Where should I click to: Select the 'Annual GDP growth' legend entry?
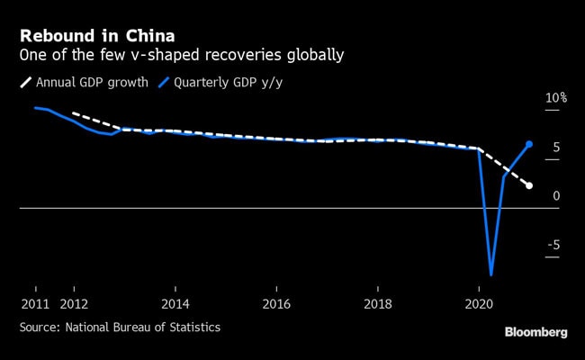[88, 84]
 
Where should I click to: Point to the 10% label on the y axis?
[555, 97]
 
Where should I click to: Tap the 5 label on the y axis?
[557, 147]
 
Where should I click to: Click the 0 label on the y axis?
[557, 195]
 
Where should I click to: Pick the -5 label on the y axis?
[554, 245]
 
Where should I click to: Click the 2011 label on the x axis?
[34, 304]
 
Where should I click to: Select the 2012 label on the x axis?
[73, 304]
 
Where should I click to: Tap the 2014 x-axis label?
[175, 304]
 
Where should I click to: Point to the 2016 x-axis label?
[276, 304]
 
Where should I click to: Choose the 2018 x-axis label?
[377, 304]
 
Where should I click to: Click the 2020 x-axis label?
[479, 304]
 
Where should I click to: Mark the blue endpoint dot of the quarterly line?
[529, 144]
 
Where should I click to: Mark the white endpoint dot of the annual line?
[529, 185]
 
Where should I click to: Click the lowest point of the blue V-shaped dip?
[491, 274]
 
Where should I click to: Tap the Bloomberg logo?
[535, 332]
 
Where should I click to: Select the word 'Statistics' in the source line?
[193, 327]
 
